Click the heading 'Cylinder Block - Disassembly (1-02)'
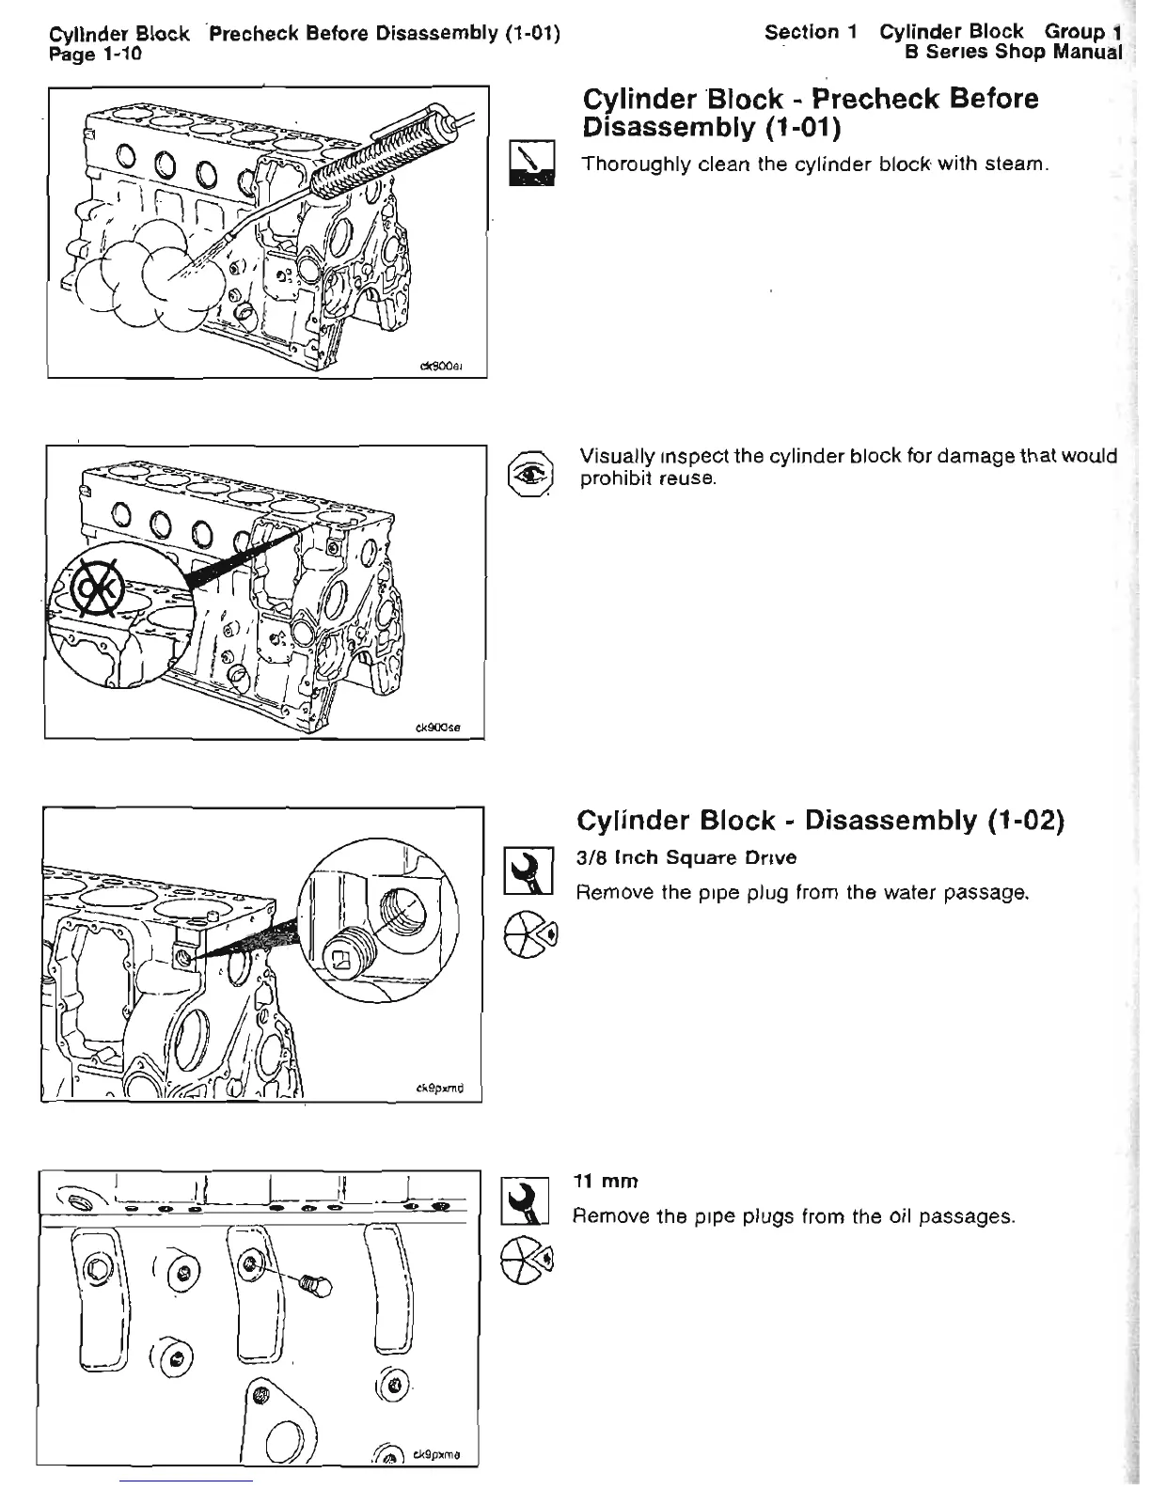[819, 821]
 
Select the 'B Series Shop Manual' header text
[1013, 52]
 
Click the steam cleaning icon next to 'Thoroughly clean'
[532, 162]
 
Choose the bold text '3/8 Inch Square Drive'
[687, 857]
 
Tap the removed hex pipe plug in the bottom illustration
[315, 1284]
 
